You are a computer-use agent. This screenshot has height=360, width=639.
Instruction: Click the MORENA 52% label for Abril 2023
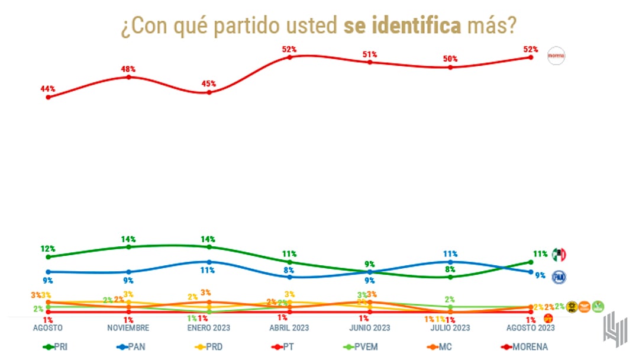(x=289, y=49)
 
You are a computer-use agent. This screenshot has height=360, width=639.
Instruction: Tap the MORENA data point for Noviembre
(x=129, y=77)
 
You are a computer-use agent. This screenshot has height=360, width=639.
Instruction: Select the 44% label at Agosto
(x=48, y=89)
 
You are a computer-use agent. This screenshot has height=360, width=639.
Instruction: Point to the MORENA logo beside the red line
(x=557, y=56)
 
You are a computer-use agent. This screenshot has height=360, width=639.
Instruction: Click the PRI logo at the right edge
(x=559, y=255)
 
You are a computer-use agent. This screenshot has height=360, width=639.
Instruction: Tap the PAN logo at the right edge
(x=559, y=276)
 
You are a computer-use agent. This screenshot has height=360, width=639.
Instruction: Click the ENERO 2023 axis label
(x=209, y=327)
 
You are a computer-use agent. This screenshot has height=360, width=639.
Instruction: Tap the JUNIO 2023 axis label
(x=370, y=327)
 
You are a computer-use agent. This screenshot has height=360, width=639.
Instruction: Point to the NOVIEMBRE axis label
(x=129, y=327)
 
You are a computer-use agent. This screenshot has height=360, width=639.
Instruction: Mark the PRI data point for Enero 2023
(x=209, y=246)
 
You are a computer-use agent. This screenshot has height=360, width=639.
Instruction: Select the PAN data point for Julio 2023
(x=450, y=262)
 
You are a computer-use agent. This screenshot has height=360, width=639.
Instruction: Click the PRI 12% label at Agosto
(x=48, y=249)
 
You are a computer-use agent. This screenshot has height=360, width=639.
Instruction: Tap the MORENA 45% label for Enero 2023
(x=208, y=84)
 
